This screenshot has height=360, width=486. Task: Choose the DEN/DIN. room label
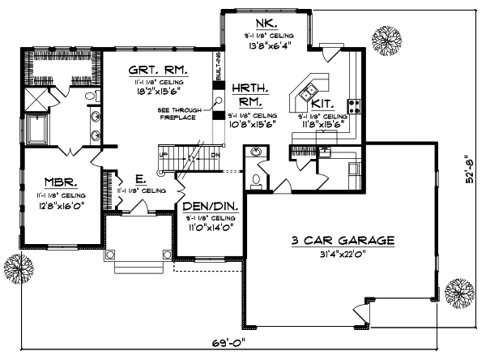tap(210, 208)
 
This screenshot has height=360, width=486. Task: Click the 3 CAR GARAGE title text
tap(344, 241)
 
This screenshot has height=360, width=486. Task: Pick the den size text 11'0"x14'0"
tap(209, 229)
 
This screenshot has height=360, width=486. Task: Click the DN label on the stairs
tap(215, 155)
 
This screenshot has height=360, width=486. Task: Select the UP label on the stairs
tap(164, 155)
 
